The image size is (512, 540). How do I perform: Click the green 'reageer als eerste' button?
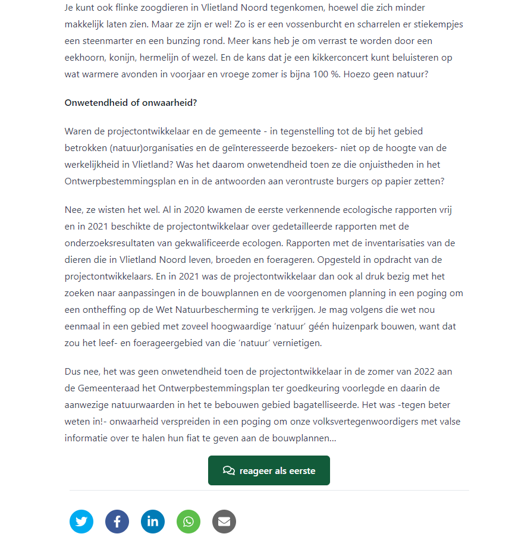[x=269, y=470]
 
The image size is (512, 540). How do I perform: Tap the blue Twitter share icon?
[x=81, y=522]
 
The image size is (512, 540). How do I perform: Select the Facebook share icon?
[x=117, y=522]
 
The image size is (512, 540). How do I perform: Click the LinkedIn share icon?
[x=153, y=522]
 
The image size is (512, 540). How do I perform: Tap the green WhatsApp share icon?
[x=189, y=522]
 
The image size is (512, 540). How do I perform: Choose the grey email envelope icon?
[x=224, y=522]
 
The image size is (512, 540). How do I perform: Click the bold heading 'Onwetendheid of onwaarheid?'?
[x=130, y=102]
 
